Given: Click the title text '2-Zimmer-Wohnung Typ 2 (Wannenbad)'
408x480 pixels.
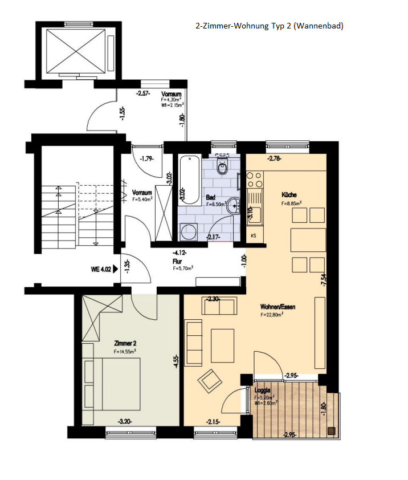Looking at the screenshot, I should (x=269, y=26).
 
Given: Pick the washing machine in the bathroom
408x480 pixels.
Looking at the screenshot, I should (x=187, y=232).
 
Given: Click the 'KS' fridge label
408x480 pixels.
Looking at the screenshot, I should (x=253, y=235).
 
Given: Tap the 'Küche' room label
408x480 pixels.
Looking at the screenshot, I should (x=289, y=195).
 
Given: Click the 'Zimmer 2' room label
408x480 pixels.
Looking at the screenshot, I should (x=125, y=344).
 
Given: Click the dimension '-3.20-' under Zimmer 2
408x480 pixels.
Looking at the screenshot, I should (x=126, y=422).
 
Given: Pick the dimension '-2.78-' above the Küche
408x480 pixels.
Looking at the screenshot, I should (x=275, y=158).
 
